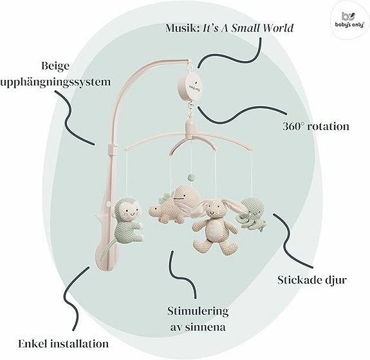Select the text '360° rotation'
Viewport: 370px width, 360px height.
pos(316,126)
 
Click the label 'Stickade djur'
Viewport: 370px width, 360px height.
pos(312,280)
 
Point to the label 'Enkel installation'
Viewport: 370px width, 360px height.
pos(64,343)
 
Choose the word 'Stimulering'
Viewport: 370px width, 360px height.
pos(198,311)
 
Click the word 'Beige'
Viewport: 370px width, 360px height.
pos(56,66)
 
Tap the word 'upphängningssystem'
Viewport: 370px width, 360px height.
pos(55,82)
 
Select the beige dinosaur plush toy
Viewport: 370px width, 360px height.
pos(174,204)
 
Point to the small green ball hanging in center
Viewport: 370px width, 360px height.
pos(190,176)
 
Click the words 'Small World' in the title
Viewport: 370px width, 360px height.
pos(262,28)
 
